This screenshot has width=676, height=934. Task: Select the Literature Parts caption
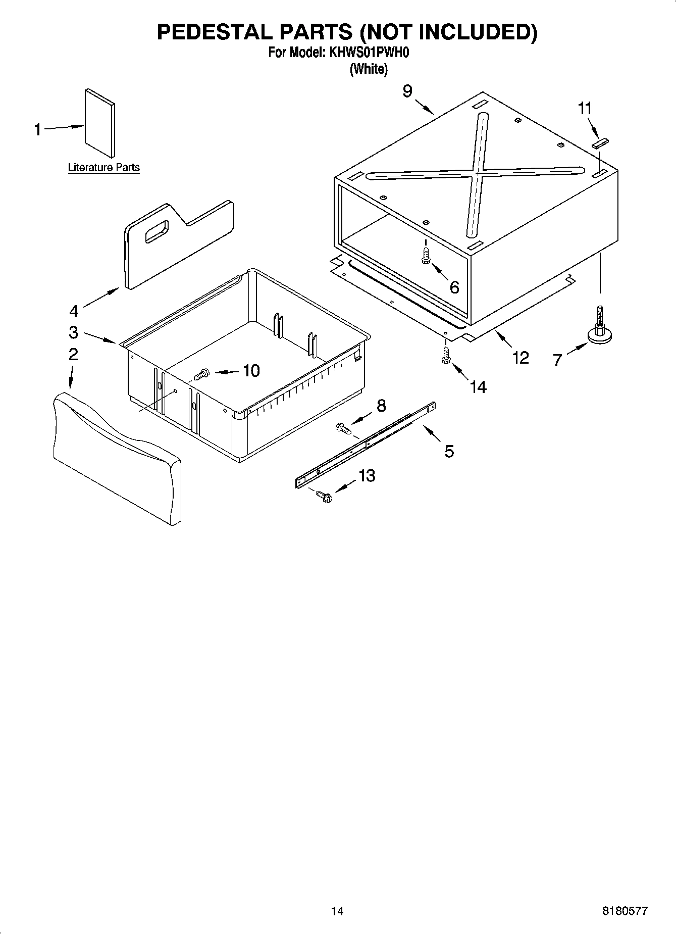coord(103,167)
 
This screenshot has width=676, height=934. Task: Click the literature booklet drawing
coord(99,123)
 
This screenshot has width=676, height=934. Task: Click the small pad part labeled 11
coord(601,143)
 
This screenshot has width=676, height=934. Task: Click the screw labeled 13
coord(324,497)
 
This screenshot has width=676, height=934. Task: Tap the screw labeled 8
coord(343,429)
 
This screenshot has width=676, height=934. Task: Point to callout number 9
coord(407,91)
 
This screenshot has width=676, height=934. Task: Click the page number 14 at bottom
coord(337,911)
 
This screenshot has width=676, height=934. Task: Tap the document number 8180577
coord(625,911)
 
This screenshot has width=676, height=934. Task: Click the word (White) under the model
coord(369,69)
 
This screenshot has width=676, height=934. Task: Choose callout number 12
coord(520,357)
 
